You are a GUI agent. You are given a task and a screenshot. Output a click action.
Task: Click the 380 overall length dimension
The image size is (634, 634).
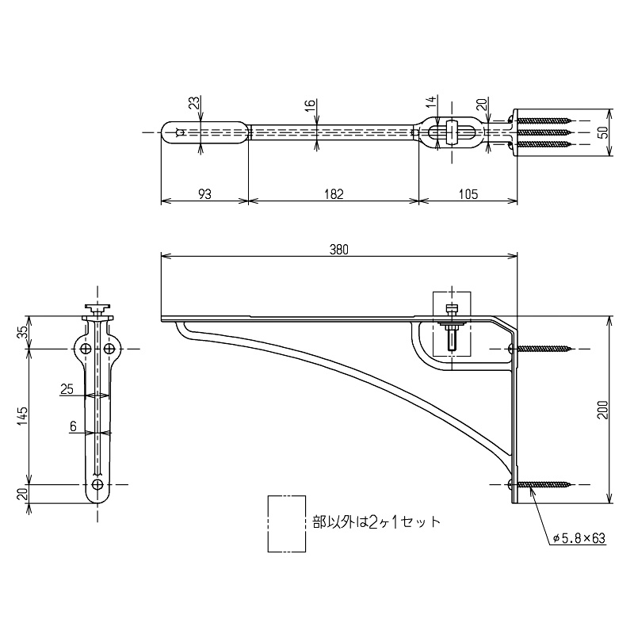click(x=338, y=248)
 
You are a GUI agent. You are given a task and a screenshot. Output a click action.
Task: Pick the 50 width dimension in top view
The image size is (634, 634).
click(x=605, y=132)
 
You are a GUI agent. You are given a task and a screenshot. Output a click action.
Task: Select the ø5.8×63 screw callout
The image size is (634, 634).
click(x=579, y=538)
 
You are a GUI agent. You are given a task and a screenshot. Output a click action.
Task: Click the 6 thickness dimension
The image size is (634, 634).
click(x=73, y=426)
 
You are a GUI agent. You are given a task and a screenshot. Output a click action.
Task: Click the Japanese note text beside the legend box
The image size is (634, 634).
click(x=376, y=522)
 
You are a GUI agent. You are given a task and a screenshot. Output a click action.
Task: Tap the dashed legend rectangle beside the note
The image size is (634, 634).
click(x=287, y=523)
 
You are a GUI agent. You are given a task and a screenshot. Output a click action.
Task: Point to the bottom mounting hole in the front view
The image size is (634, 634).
click(x=97, y=483)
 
